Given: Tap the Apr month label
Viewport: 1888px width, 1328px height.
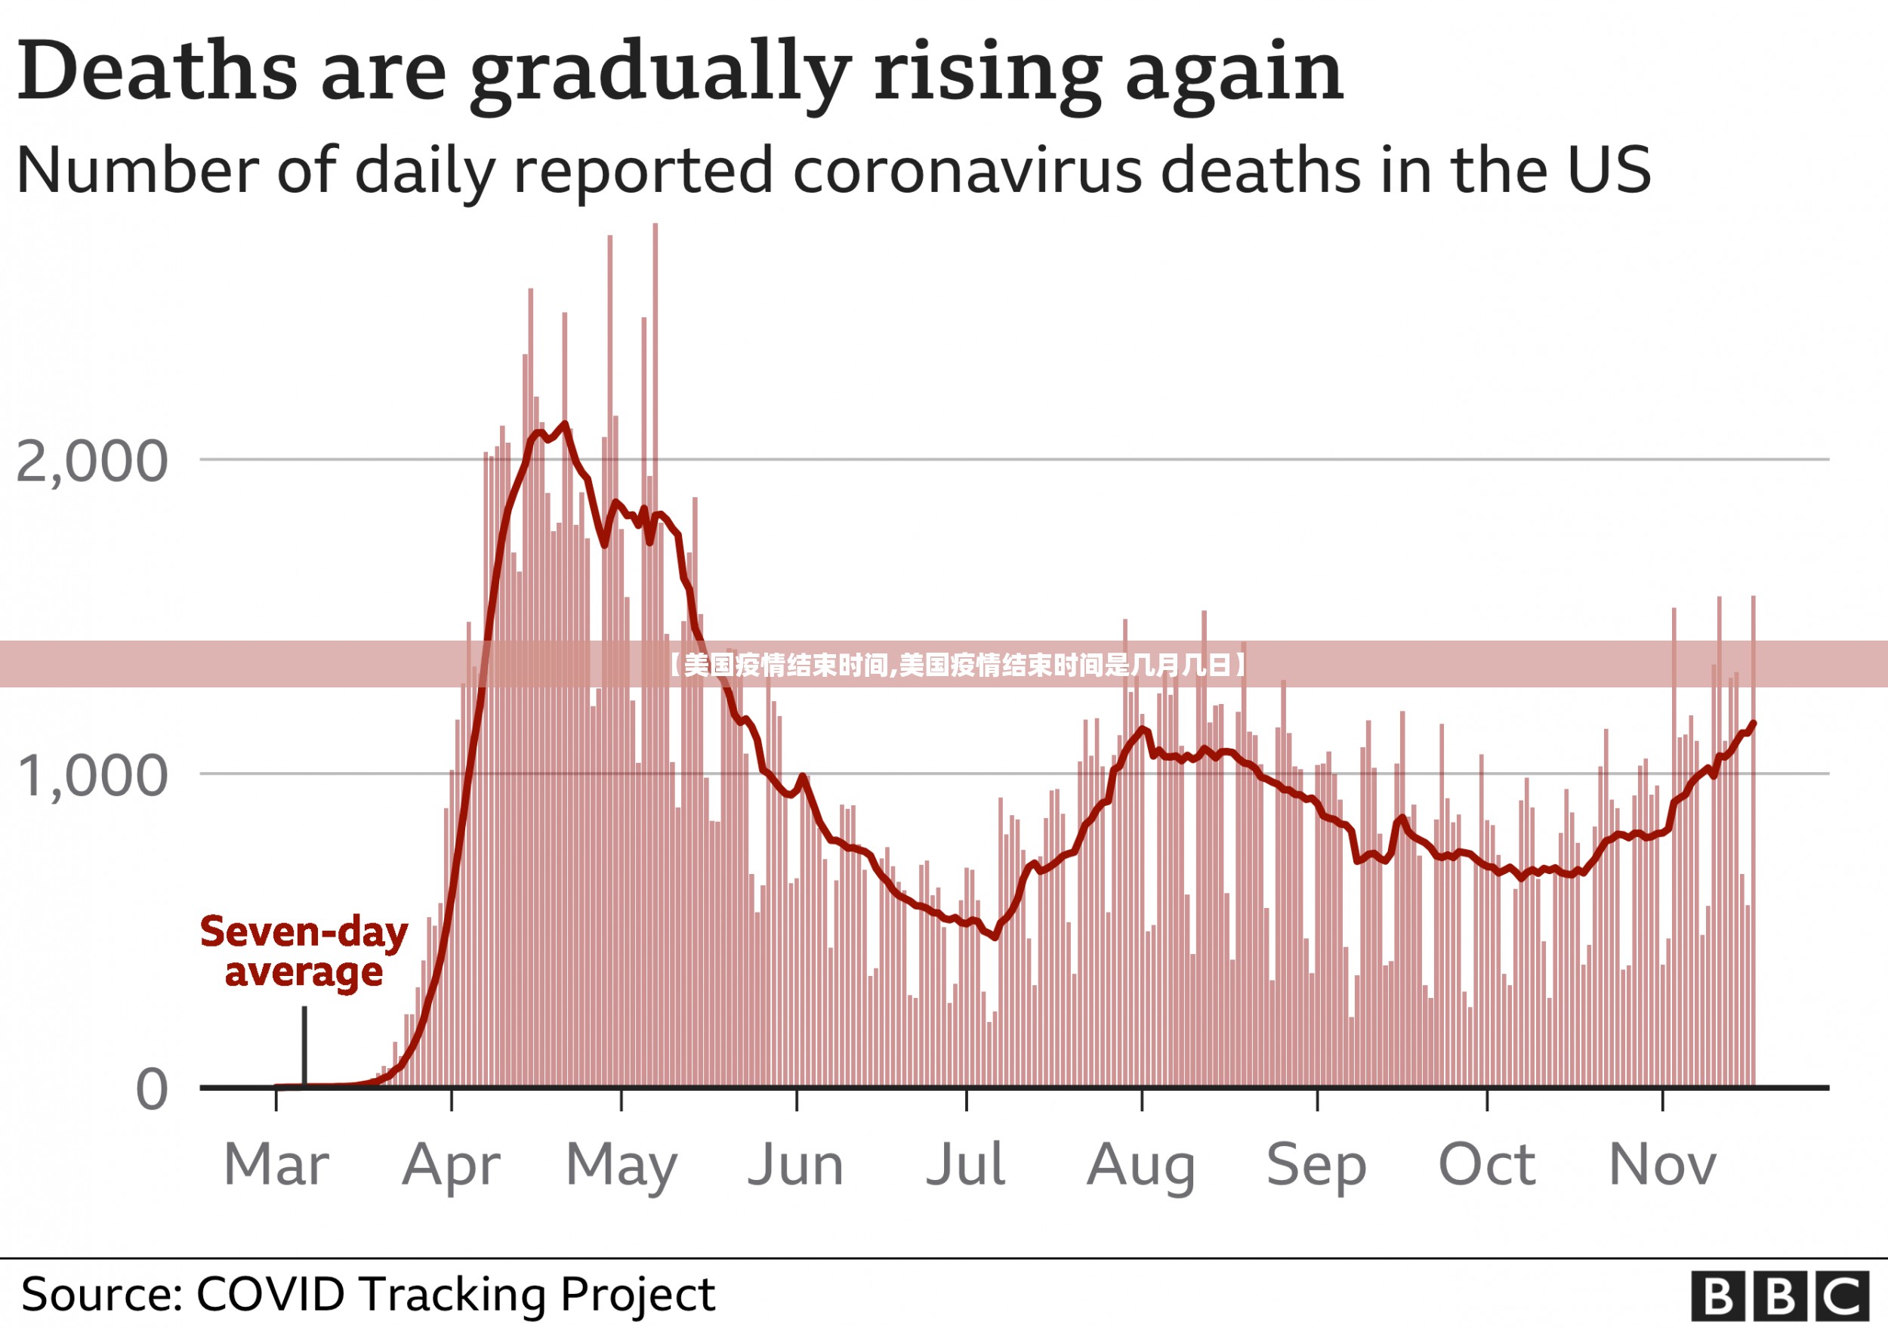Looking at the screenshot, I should [x=451, y=1166].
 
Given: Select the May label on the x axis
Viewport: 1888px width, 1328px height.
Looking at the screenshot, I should [x=621, y=1166].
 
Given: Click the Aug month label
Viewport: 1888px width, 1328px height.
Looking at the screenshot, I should [x=1140, y=1166].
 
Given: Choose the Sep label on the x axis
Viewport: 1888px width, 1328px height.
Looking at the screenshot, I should [x=1316, y=1166].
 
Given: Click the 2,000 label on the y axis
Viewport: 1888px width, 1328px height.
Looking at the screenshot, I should [x=92, y=462].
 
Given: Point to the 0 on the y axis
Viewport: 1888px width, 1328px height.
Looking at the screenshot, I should [x=152, y=1090].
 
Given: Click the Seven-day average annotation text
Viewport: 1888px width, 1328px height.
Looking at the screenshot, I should [x=304, y=953].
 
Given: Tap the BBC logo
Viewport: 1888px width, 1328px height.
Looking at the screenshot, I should [x=1778, y=1297].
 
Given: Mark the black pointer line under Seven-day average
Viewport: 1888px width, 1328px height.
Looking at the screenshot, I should [x=304, y=1046].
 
